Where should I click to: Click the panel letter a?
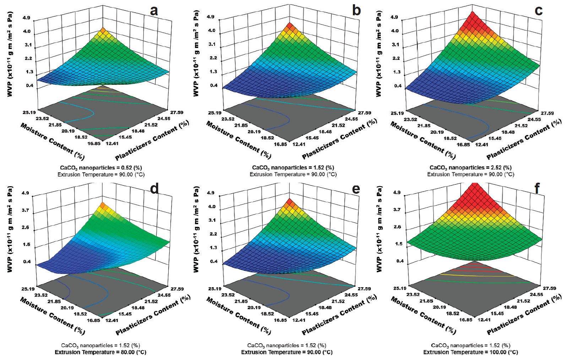point(153,11)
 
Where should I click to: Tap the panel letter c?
point(538,11)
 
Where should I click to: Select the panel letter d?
point(154,189)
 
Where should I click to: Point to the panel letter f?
point(537,189)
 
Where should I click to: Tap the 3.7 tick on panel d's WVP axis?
point(25,210)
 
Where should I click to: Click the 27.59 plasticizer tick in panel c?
point(547,113)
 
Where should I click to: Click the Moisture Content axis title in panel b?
point(239,140)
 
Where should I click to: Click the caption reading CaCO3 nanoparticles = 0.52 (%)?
point(101,167)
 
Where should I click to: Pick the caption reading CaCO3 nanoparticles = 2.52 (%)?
point(471,167)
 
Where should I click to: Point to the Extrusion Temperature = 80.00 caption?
point(100,352)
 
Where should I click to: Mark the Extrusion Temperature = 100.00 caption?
point(471,352)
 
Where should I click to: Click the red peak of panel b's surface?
point(290,26)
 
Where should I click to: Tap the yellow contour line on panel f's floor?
point(476,275)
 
